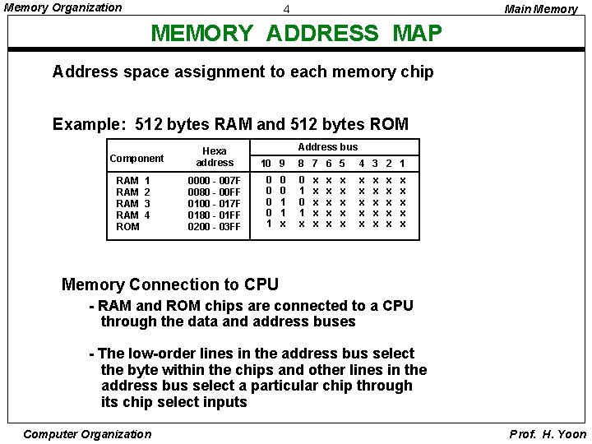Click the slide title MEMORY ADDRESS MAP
click(x=297, y=34)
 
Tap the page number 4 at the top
click(x=286, y=9)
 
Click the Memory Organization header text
click(x=63, y=8)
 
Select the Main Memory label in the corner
click(x=540, y=9)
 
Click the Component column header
click(x=136, y=158)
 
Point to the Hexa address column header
click(x=215, y=157)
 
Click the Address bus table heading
click(x=327, y=147)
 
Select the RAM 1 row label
click(x=132, y=181)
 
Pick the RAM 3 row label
click(x=132, y=203)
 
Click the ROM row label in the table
click(x=127, y=226)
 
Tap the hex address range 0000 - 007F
click(x=215, y=181)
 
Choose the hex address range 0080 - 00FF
click(x=215, y=192)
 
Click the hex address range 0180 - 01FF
click(x=215, y=215)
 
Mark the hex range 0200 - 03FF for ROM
click(x=215, y=226)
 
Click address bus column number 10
click(x=266, y=164)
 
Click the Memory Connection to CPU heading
click(x=170, y=285)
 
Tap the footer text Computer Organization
click(x=87, y=434)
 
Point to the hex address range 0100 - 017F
click(x=215, y=203)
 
